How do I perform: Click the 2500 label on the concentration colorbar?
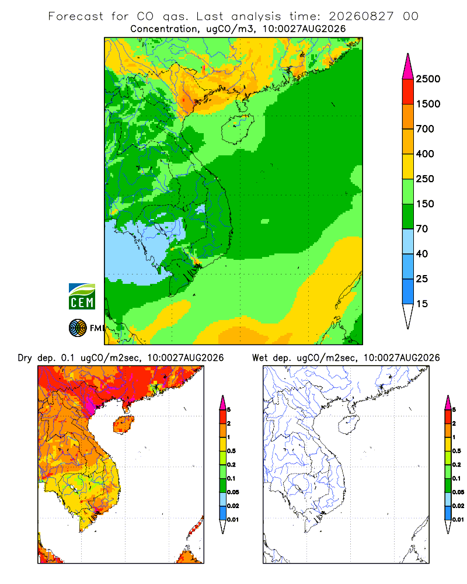[428, 79]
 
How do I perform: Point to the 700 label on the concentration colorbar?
[425, 129]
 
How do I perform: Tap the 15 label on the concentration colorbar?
[422, 304]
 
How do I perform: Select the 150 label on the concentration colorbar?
[425, 204]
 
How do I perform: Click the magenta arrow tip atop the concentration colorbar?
[408, 67]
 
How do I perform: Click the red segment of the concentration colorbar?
[408, 92]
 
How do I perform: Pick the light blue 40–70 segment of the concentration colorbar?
[408, 241]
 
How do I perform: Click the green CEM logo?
[82, 296]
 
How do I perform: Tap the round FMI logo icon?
[78, 328]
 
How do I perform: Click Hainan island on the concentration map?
[237, 129]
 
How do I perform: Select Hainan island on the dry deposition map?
[123, 425]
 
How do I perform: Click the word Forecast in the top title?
[76, 16]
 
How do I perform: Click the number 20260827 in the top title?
[361, 16]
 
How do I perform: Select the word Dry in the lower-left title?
[25, 358]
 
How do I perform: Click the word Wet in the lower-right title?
[260, 358]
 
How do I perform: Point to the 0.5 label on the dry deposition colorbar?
[231, 451]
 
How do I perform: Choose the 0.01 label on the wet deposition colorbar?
[458, 520]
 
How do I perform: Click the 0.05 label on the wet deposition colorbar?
[458, 492]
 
